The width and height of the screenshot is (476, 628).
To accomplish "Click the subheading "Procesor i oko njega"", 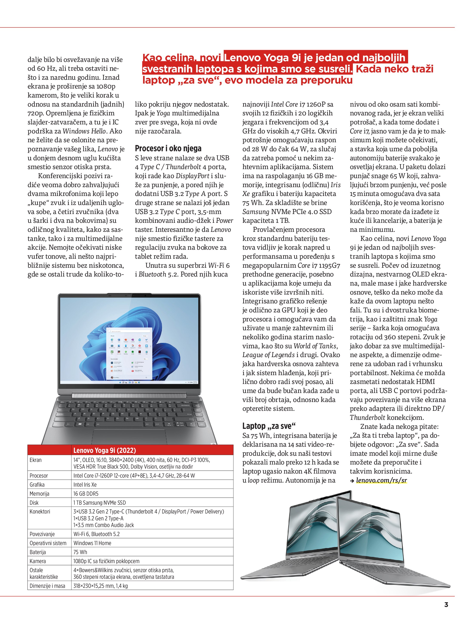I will coord(168,148).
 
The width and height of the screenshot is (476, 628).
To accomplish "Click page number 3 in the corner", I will coord(446,612).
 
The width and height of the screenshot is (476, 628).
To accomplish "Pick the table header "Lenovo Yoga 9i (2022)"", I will coord(104,450).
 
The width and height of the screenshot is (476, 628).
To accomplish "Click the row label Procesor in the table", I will coord(39,475).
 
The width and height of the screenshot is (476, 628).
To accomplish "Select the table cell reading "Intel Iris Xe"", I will coord(85,485).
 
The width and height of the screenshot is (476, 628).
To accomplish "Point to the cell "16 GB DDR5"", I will coord(86,494).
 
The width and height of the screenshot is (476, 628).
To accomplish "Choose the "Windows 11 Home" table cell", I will coord(92,543).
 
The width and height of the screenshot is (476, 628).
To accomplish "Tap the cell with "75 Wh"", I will coord(80,552).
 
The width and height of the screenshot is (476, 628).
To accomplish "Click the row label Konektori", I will coord(40,512).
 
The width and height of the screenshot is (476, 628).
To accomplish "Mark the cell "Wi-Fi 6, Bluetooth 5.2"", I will coord(96,534).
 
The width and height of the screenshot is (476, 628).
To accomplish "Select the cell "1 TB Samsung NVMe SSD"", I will coord(99,503).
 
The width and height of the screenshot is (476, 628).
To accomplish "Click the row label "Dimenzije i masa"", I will coord(47,586).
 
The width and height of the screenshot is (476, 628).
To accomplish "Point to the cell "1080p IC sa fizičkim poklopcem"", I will coord(107,561).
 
